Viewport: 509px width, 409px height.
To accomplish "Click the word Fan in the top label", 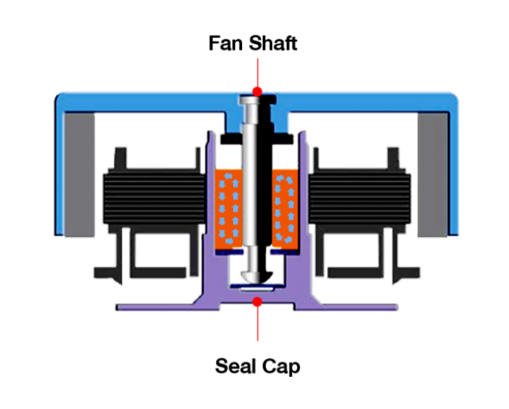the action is pyautogui.click(x=226, y=43).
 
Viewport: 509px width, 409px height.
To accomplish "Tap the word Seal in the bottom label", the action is pyautogui.click(x=235, y=366).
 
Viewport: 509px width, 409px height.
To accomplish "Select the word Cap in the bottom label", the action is pyautogui.click(x=281, y=367).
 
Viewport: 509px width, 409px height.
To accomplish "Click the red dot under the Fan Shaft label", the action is pyautogui.click(x=258, y=92).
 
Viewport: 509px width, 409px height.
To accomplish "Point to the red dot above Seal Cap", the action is pyautogui.click(x=258, y=302).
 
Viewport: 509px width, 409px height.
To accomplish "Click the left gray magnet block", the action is pyautogui.click(x=80, y=175).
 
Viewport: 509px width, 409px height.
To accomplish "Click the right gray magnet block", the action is pyautogui.click(x=432, y=175).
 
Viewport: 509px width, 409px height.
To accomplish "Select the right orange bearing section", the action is pyautogui.click(x=285, y=208).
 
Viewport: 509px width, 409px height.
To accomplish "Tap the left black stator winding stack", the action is pyautogui.click(x=154, y=196).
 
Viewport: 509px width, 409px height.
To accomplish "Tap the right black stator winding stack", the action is pyautogui.click(x=359, y=196).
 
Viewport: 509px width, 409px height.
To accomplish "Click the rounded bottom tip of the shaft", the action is pyautogui.click(x=258, y=278).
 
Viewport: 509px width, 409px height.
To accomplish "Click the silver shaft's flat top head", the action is pyautogui.click(x=257, y=99).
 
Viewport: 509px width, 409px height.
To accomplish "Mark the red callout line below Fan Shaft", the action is pyautogui.click(x=258, y=73).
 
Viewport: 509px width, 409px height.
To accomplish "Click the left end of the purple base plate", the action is pyautogui.click(x=118, y=307).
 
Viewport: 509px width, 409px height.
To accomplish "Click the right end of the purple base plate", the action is pyautogui.click(x=396, y=307).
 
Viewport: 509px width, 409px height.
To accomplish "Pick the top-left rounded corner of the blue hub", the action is pyautogui.click(x=59, y=98).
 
